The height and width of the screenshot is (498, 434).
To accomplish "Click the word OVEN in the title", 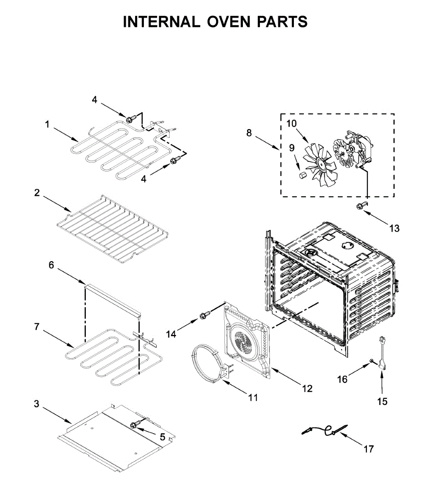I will coord(228,22).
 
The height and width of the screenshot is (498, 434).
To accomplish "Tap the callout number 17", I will coord(369,449).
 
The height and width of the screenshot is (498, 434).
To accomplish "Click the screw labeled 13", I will coord(361,205).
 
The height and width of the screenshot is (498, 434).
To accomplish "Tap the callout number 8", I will coord(249,133).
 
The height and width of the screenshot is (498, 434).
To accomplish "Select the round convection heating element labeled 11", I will coord(209,362).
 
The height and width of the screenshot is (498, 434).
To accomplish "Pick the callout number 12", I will coord(307,388).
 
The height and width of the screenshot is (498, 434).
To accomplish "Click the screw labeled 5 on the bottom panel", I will coord(134,425).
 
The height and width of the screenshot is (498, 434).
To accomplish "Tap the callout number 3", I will coord(36,403).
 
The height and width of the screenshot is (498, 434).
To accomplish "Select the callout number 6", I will coord(51,264).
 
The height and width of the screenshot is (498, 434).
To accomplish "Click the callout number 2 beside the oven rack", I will coord(37,193).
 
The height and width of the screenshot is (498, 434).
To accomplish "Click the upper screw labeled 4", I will coord(129,120).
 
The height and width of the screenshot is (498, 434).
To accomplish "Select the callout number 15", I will coord(382,401).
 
